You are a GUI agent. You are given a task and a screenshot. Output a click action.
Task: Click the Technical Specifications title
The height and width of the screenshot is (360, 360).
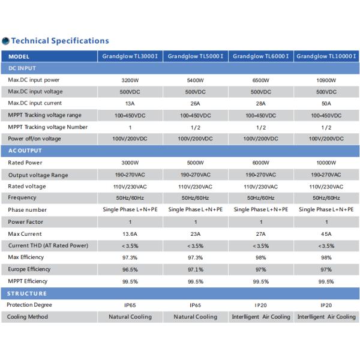(x=60, y=41)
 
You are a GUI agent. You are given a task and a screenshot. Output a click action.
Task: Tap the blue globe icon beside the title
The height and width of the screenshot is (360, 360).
(x=5, y=41)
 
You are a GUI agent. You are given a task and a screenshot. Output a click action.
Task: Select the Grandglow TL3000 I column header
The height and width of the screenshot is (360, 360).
(x=130, y=56)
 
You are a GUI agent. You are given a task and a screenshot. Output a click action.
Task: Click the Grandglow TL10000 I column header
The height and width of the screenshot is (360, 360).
(x=326, y=56)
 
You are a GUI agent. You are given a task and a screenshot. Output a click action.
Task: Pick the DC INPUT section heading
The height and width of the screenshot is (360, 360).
(x=22, y=68)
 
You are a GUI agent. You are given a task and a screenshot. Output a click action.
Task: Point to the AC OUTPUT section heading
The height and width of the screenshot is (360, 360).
(x=25, y=151)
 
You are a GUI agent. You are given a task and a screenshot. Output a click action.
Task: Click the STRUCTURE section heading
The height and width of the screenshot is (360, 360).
(x=26, y=293)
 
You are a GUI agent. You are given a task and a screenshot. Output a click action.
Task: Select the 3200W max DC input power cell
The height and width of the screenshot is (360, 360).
(x=130, y=80)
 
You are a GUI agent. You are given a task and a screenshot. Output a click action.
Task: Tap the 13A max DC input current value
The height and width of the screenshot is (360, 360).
(x=130, y=104)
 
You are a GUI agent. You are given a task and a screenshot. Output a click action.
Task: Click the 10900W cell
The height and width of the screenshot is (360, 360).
(x=326, y=80)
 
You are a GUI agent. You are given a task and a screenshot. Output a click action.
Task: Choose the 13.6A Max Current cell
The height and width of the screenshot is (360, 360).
(x=130, y=234)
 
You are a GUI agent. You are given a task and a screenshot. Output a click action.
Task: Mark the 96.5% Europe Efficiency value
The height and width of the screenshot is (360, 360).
(x=130, y=269)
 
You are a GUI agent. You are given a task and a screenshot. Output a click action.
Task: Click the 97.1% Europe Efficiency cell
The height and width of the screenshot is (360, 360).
(x=196, y=269)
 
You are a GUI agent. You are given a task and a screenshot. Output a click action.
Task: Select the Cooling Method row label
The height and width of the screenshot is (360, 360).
(x=28, y=317)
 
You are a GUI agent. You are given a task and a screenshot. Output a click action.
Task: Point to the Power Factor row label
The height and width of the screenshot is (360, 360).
(x=25, y=222)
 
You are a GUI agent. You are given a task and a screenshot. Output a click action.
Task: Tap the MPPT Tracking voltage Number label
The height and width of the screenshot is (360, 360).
(x=48, y=127)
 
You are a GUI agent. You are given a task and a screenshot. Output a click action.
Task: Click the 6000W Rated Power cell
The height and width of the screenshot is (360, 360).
(x=261, y=163)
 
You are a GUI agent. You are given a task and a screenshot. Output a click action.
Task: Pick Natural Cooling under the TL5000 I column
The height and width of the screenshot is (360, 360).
(x=196, y=317)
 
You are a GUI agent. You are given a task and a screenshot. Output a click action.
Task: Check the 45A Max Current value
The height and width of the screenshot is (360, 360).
(x=326, y=234)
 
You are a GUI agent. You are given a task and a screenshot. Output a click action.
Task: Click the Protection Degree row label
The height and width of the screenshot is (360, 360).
(x=29, y=305)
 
